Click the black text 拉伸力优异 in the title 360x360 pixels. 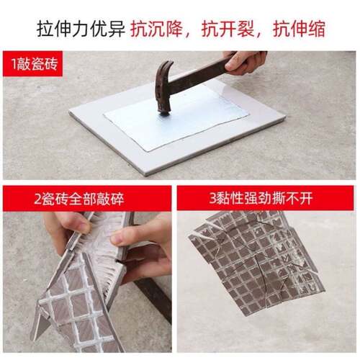[x=83, y=29]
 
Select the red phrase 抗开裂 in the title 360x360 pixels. [x=226, y=29]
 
